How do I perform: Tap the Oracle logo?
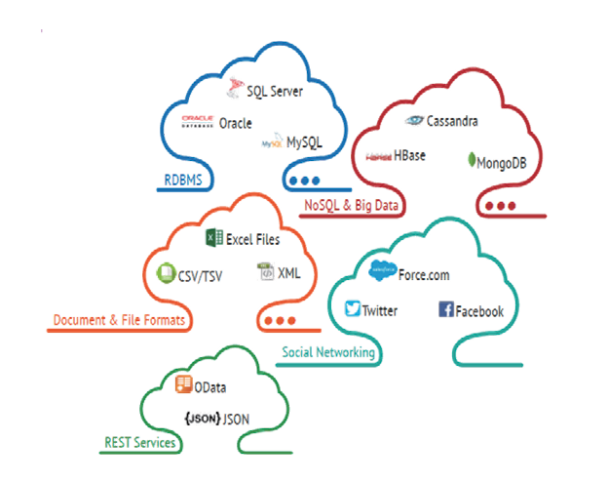click(x=198, y=123)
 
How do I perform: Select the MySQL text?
click(x=304, y=142)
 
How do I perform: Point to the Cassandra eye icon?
click(x=415, y=121)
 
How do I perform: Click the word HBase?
click(x=410, y=156)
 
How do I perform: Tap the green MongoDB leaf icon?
click(x=471, y=161)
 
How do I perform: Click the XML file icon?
click(x=265, y=273)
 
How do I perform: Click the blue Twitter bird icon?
click(x=353, y=310)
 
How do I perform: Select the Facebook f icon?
click(x=446, y=310)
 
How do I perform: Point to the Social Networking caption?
click(x=327, y=352)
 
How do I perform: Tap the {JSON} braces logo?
click(x=200, y=420)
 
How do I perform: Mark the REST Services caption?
click(x=140, y=443)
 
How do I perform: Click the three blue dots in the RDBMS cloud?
click(x=304, y=181)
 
